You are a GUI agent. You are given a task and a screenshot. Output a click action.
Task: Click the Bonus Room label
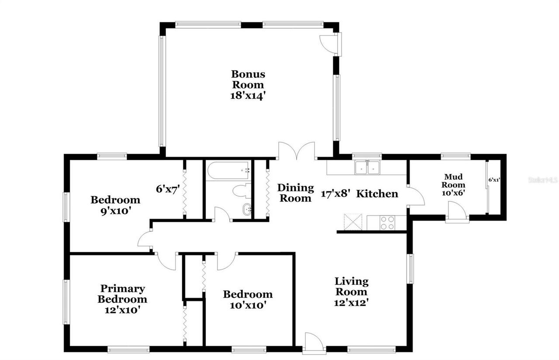click(x=248, y=79)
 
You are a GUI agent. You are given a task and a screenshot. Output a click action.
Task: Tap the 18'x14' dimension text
click(x=248, y=96)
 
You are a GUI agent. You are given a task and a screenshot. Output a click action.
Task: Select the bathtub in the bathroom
click(x=228, y=171)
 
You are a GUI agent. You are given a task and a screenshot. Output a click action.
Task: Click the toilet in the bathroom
click(x=241, y=191)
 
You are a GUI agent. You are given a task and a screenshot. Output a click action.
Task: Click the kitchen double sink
click(x=367, y=167)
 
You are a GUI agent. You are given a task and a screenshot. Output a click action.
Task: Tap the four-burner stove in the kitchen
click(x=387, y=222)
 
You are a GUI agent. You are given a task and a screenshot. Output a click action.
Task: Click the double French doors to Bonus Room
click(x=297, y=151)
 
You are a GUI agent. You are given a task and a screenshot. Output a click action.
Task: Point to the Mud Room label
click(x=455, y=181)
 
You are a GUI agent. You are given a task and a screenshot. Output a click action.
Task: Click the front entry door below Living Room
click(x=314, y=342)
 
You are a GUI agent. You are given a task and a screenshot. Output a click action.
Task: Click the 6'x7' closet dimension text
click(x=168, y=189)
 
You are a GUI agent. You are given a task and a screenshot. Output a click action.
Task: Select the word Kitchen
click(x=377, y=194)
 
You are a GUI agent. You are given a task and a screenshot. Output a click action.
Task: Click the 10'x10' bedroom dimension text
click(x=248, y=305)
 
